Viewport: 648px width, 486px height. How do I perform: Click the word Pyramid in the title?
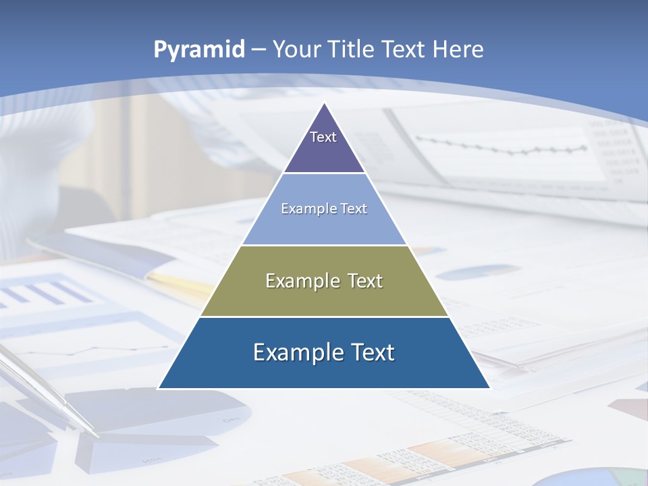(198, 50)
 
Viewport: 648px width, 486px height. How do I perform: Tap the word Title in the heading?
(352, 49)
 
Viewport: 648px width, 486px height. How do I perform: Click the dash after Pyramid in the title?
(258, 50)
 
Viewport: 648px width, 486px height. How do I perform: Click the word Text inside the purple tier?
(323, 137)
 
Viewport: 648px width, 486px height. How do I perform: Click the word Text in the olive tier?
(361, 281)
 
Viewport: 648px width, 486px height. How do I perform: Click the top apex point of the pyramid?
(325, 103)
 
